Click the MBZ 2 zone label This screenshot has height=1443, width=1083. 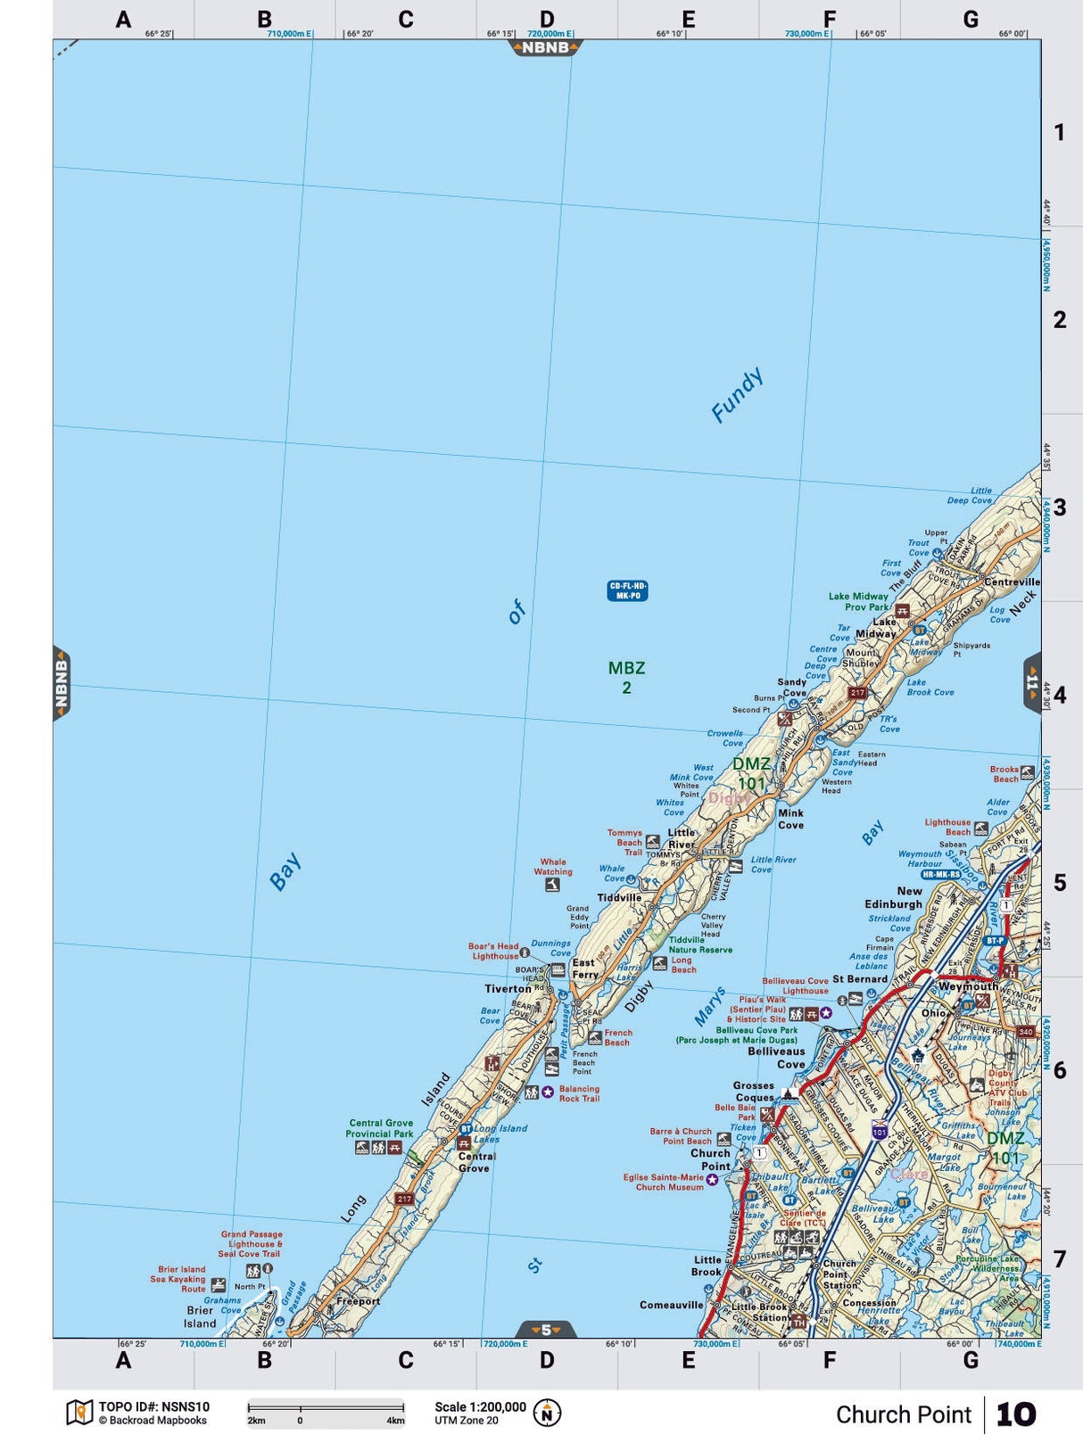click(x=626, y=677)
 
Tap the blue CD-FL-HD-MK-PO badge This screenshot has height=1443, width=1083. click(x=627, y=590)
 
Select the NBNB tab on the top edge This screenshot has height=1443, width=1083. click(x=545, y=47)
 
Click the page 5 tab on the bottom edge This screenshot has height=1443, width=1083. click(x=546, y=1329)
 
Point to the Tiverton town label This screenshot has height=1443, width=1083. click(x=508, y=988)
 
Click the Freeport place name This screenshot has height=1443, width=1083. click(x=358, y=1301)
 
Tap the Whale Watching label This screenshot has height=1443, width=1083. click(x=553, y=867)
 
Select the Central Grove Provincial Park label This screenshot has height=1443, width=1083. click(x=381, y=1128)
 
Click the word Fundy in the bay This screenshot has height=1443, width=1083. click(x=738, y=394)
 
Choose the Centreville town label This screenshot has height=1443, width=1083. click(x=1012, y=581)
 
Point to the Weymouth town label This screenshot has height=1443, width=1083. click(x=968, y=986)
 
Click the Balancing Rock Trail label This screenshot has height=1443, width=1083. click(x=579, y=1093)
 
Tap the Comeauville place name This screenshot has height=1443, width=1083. click(x=671, y=1305)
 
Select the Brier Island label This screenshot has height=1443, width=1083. click(x=200, y=1316)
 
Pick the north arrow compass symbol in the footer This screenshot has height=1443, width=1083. click(x=547, y=1413)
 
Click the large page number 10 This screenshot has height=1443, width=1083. click(x=1015, y=1414)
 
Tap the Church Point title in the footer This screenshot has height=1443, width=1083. click(x=903, y=1414)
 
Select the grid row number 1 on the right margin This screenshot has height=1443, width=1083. click(x=1059, y=133)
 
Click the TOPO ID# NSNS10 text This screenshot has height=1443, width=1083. click(x=153, y=1407)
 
